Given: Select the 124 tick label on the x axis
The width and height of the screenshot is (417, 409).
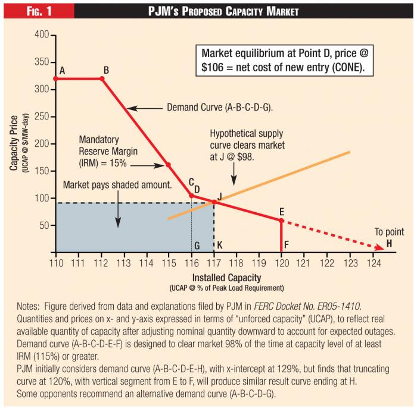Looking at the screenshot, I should tap(374, 262).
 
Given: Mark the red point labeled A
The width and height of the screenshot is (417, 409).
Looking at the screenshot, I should tap(55, 78).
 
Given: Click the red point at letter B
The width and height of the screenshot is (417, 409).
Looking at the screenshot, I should tap(101, 78).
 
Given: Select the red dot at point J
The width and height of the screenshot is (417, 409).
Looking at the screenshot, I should tap(214, 202).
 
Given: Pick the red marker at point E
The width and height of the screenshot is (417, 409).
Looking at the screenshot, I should tap(281, 220).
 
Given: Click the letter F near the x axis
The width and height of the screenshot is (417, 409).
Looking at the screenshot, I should tap(287, 244).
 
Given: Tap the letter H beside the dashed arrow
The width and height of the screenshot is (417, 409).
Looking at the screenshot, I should tap(389, 243).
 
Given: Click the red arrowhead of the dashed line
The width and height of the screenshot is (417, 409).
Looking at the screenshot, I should tap(377, 248).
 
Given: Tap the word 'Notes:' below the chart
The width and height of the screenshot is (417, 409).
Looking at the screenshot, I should tap(31, 307).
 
